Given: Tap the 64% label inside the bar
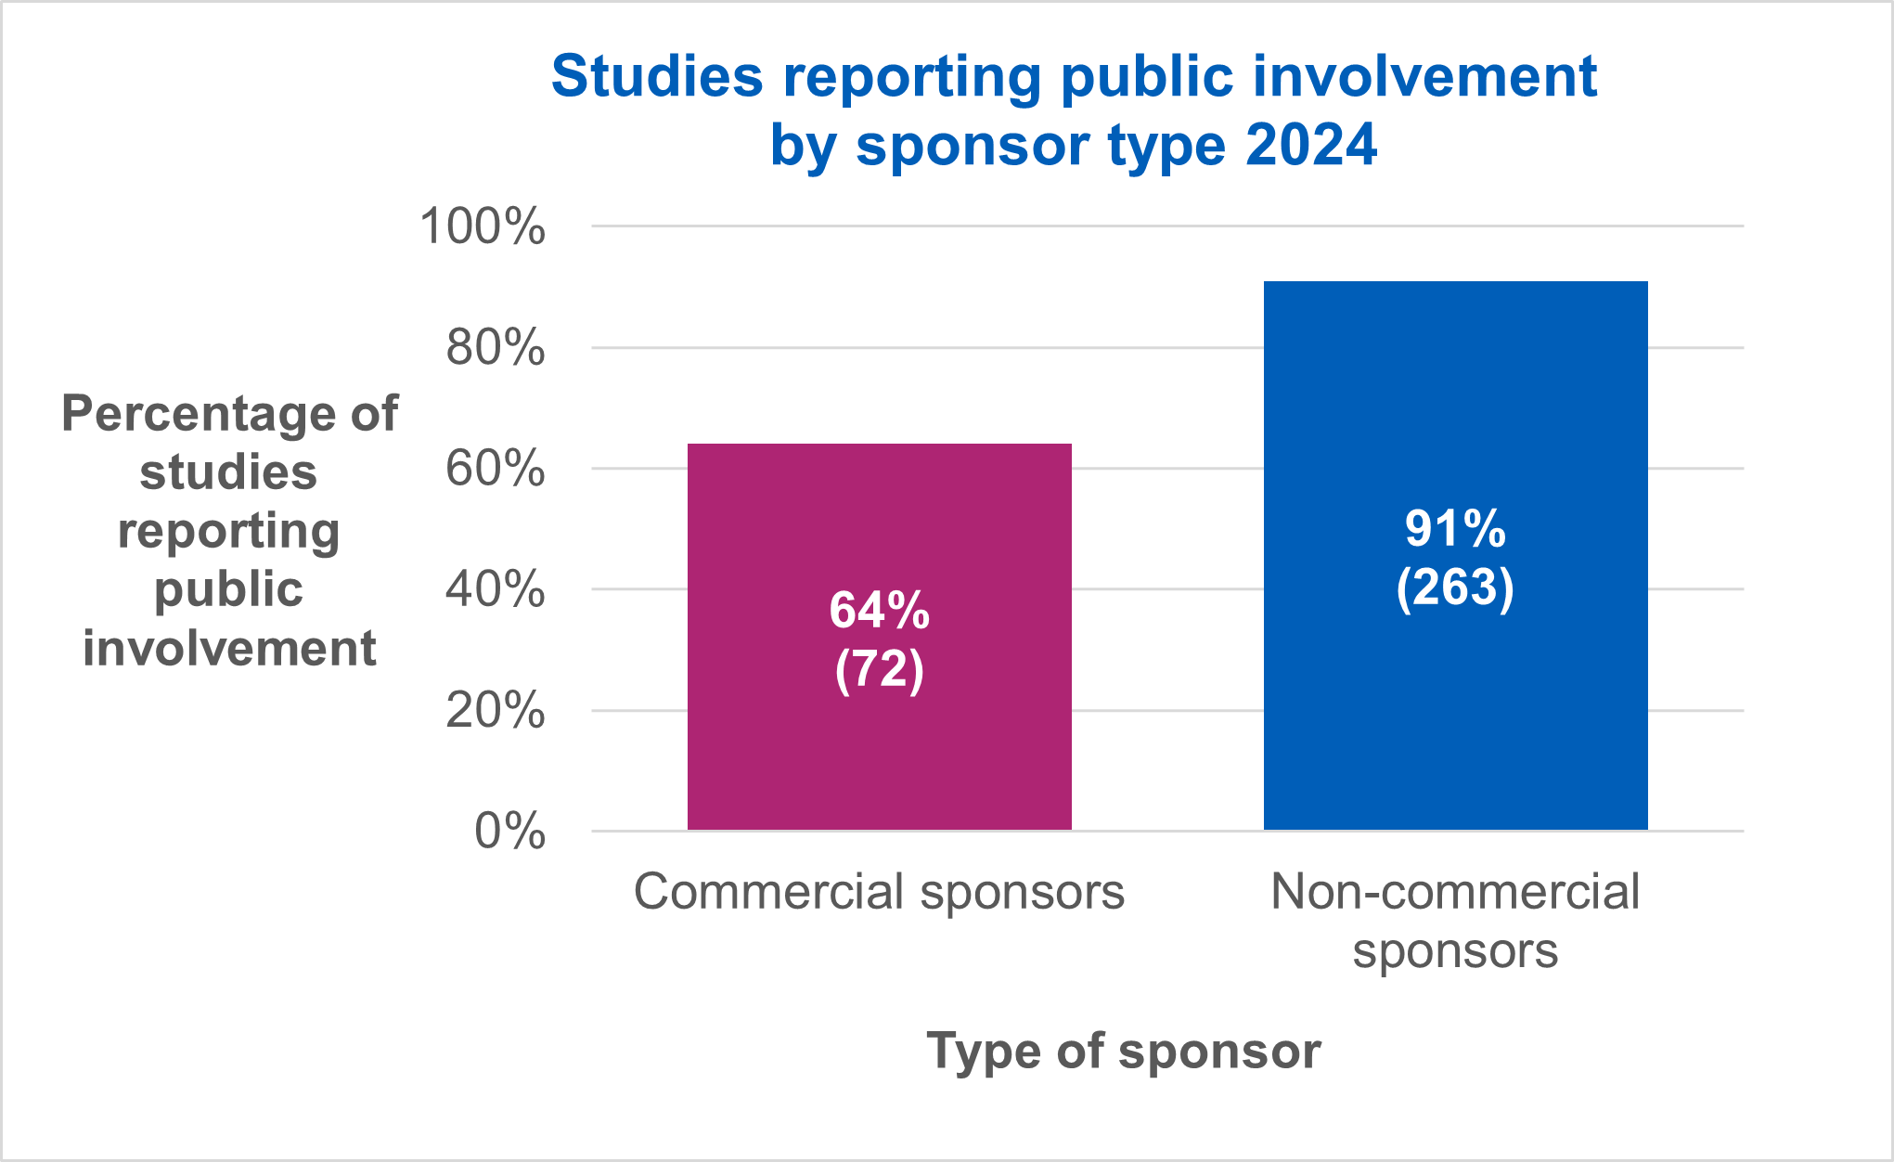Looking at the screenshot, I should [879, 611].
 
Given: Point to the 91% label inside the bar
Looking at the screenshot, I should [1455, 529].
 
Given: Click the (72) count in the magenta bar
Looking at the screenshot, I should [879, 668].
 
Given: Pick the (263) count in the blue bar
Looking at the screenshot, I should [1455, 587].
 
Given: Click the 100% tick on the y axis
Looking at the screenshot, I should [483, 226].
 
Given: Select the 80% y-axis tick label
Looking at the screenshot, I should [495, 348].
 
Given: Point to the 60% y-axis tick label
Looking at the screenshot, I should [495, 469].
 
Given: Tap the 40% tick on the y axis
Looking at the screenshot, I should [495, 589].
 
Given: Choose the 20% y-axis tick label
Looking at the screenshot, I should [495, 711].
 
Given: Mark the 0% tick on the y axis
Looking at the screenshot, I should [509, 832].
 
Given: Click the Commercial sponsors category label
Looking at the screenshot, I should [879, 892].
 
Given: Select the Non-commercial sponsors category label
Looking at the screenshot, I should [1455, 921].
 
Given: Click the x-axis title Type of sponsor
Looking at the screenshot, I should [1123, 1052].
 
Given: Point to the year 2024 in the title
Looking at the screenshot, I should [1310, 146].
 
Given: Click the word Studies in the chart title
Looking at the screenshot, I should [657, 76].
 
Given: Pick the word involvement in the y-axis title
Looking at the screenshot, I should [229, 648].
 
